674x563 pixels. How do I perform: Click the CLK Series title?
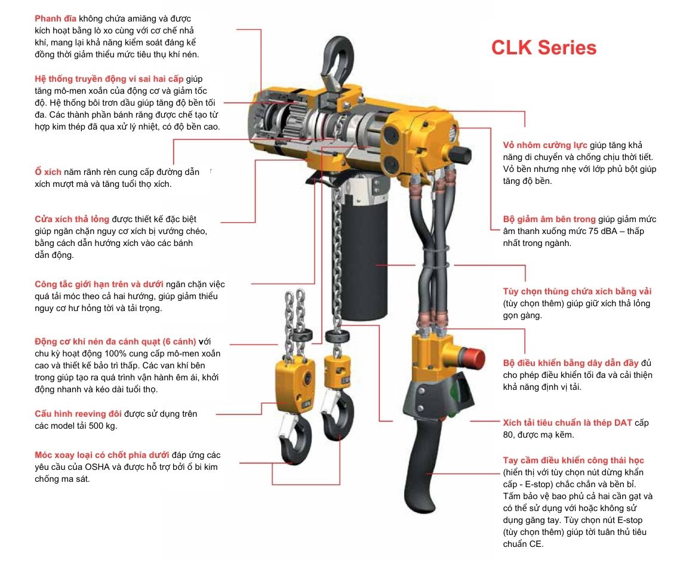coord(543,47)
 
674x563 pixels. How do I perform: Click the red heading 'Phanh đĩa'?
coord(56,19)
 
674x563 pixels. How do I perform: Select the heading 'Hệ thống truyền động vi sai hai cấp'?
coord(109,79)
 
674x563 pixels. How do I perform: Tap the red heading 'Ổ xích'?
coord(48,172)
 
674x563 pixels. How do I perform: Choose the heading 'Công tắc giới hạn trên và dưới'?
coord(99,284)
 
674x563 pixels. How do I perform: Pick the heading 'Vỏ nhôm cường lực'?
coord(545,145)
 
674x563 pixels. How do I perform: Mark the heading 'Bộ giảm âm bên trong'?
coord(549,219)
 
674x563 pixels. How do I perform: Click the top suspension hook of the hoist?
coord(338,57)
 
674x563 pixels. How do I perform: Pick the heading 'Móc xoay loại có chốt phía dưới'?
coord(101,455)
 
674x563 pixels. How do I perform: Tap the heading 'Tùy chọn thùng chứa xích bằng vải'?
coord(577,291)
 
